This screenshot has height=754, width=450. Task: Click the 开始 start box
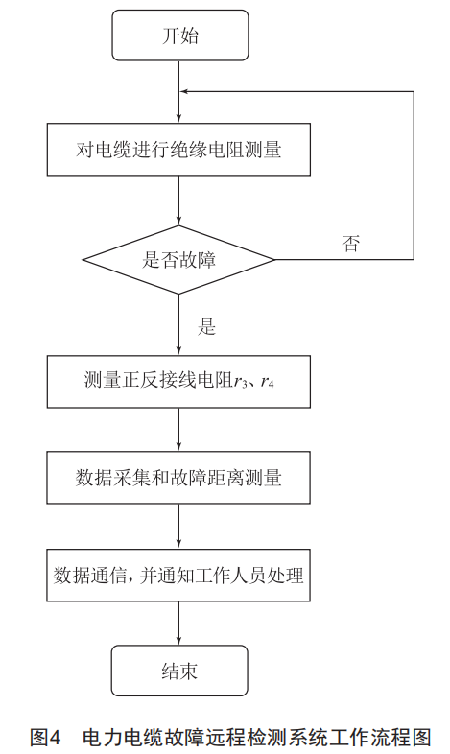(180, 35)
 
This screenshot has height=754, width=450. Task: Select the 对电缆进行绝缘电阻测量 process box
(178, 149)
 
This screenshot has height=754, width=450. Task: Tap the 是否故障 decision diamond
(178, 260)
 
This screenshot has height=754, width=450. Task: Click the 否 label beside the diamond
(350, 244)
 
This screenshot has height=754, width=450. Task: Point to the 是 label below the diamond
(206, 327)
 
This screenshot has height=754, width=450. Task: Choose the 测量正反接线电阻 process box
(178, 382)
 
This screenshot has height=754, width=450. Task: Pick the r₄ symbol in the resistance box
(268, 383)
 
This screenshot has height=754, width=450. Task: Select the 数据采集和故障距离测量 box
(178, 478)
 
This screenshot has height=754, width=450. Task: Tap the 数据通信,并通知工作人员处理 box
(178, 576)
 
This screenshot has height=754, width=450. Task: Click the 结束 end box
(179, 671)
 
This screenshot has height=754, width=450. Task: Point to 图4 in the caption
(45, 737)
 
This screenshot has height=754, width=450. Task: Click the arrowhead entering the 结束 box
(178, 641)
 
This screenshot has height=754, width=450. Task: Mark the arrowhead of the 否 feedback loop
(184, 91)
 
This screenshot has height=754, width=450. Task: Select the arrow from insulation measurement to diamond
(178, 200)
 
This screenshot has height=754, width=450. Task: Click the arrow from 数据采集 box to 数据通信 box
(178, 526)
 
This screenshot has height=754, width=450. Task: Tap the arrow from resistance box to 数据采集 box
(178, 430)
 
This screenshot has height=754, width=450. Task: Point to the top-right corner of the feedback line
(414, 91)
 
